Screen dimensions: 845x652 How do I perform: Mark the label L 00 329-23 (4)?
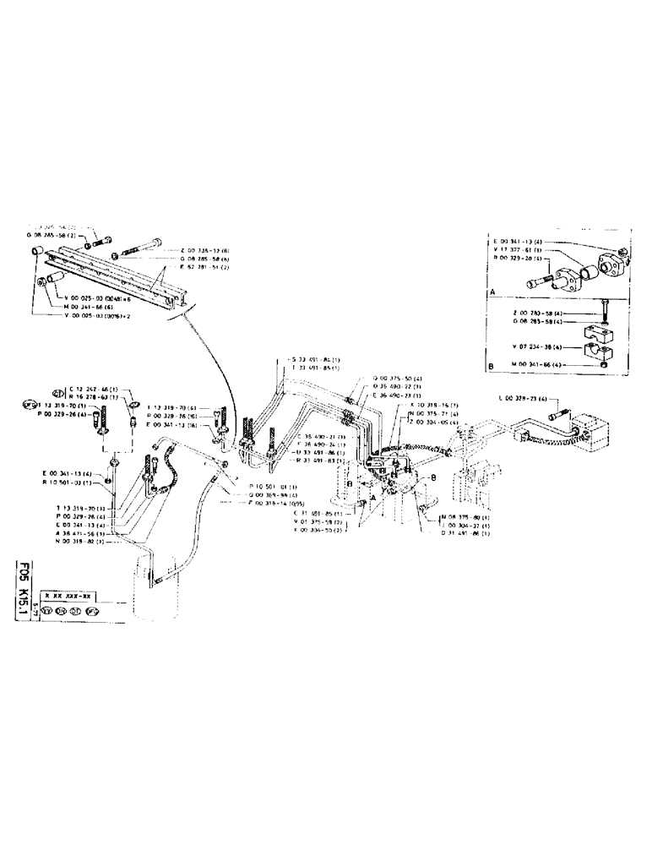click(524, 398)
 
